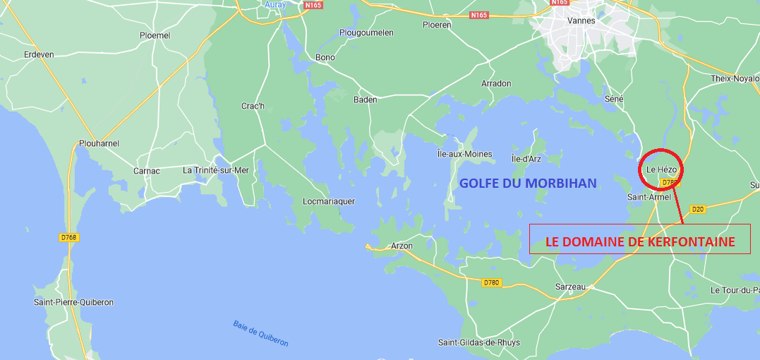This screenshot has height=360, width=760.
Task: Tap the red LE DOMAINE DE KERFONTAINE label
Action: click(x=640, y=241)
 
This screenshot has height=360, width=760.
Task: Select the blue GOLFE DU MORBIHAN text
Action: click(x=528, y=184)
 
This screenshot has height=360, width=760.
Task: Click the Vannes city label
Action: click(x=581, y=20)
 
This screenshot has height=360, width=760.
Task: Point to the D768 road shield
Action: click(x=68, y=238)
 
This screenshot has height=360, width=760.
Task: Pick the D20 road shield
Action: click(x=698, y=209)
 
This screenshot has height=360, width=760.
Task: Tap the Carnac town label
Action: click(x=147, y=171)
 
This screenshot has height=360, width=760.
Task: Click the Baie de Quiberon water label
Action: click(x=260, y=333)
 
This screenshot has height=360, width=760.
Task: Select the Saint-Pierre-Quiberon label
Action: click(x=73, y=302)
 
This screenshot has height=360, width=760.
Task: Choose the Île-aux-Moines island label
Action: click(x=465, y=154)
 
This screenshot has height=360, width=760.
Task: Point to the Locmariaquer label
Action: click(x=329, y=201)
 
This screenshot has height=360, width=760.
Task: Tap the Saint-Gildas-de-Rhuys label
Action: click(x=479, y=343)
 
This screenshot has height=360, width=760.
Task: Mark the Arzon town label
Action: click(x=402, y=246)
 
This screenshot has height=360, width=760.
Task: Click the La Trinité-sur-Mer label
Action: click(x=216, y=170)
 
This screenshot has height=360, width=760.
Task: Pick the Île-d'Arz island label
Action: click(x=526, y=158)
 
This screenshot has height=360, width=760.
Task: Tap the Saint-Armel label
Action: click(x=649, y=198)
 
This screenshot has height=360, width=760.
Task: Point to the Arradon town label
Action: click(x=496, y=83)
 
